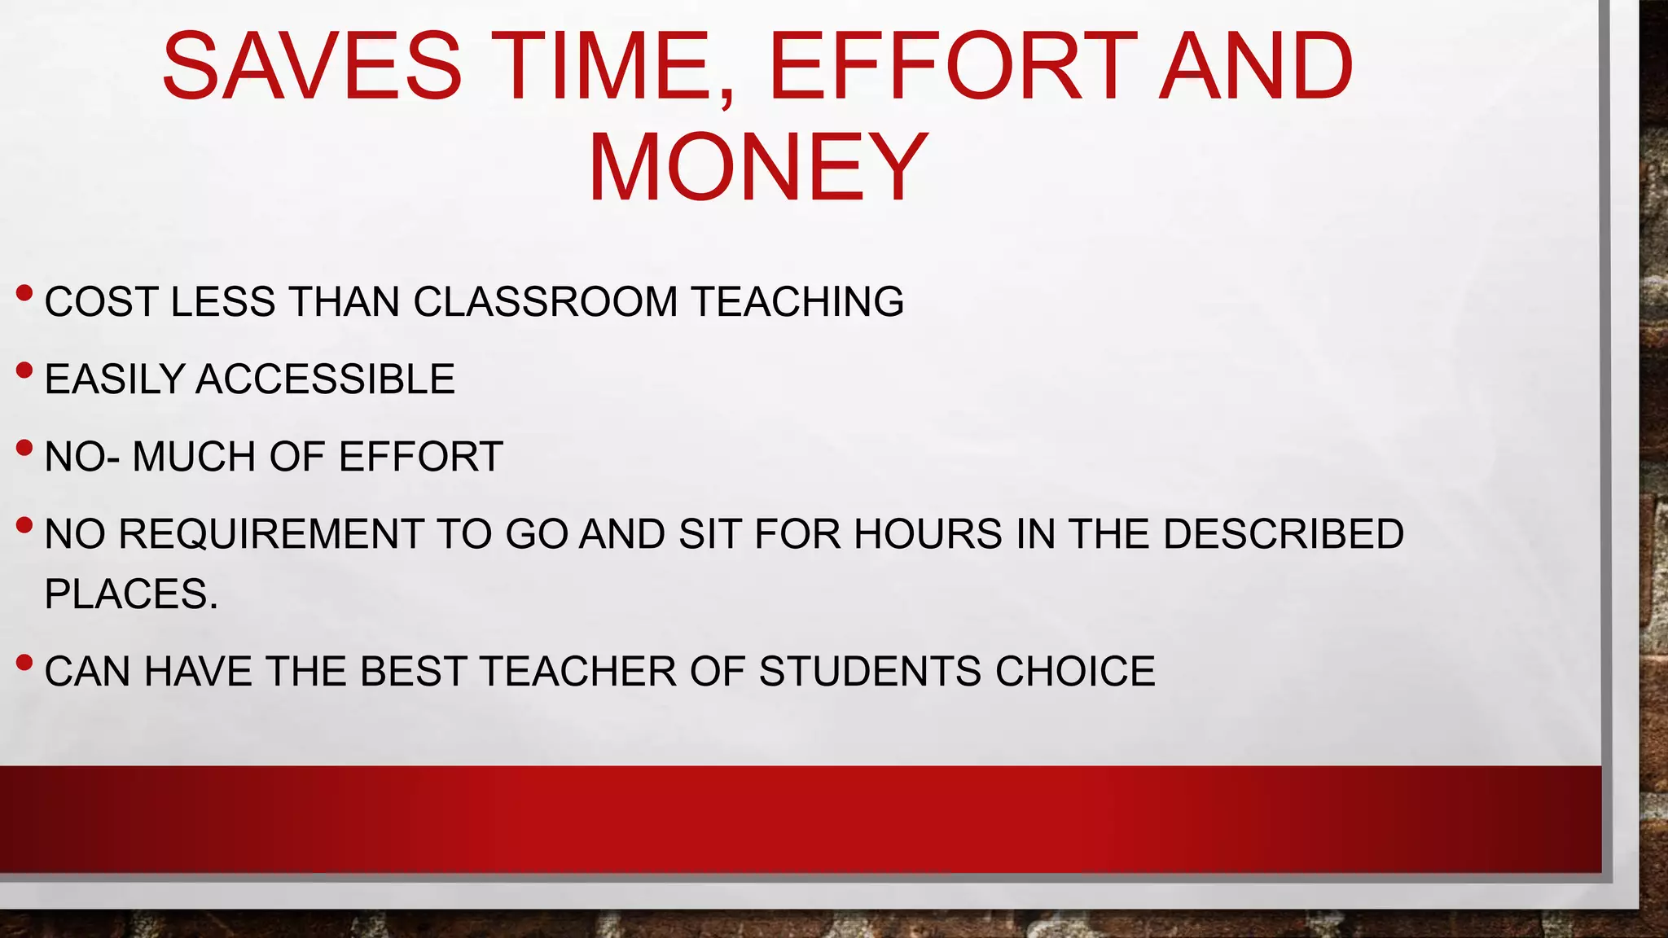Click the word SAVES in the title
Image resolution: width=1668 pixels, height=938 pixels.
312,67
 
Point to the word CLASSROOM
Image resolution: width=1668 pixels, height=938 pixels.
545,302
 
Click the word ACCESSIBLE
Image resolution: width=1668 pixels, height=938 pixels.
325,379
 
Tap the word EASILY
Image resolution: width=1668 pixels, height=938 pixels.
114,379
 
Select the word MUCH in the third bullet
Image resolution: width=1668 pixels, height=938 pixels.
194,457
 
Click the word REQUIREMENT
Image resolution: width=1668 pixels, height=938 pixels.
270,534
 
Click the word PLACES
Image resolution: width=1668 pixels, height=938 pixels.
130,594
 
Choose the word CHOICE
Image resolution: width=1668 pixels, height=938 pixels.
1074,672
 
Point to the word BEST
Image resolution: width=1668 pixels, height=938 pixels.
412,672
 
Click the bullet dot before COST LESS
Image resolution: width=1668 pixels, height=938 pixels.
24,292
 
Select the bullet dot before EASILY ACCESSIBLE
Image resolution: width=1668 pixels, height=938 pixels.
24,370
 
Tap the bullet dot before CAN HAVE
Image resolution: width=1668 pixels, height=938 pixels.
24,662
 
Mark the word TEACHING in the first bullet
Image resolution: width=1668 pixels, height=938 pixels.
797,302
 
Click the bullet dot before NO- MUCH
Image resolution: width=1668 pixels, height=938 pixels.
24,448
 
